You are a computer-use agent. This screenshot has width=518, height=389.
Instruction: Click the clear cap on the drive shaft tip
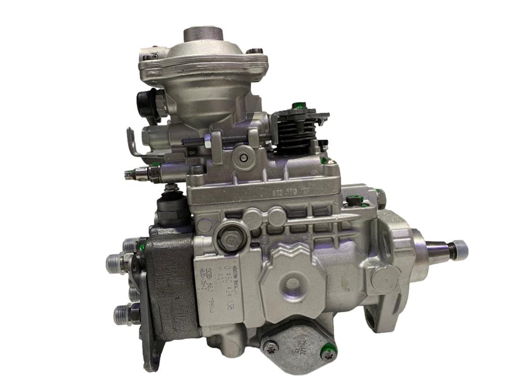pyautogui.click(x=460, y=249)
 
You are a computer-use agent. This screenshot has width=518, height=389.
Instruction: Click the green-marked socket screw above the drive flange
pyautogui.click(x=355, y=201)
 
